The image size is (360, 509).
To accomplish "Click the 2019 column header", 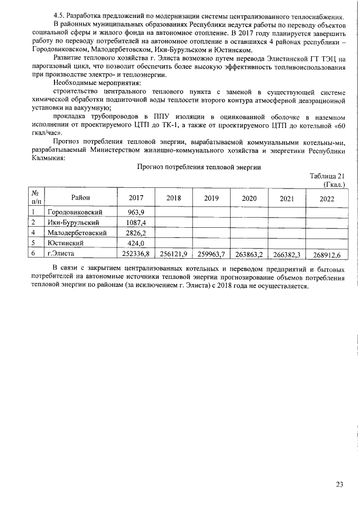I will (211, 198).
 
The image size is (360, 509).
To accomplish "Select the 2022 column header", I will (326, 199).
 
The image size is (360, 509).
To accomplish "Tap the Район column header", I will (80, 196).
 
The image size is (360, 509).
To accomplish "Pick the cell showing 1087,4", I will (135, 222).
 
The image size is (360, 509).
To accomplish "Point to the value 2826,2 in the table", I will (135, 232).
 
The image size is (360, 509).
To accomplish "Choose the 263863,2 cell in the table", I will (250, 255).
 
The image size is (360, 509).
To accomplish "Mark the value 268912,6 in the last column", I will (327, 255).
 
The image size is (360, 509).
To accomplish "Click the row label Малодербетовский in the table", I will (77, 232).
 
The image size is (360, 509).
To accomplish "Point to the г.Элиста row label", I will (61, 254).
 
